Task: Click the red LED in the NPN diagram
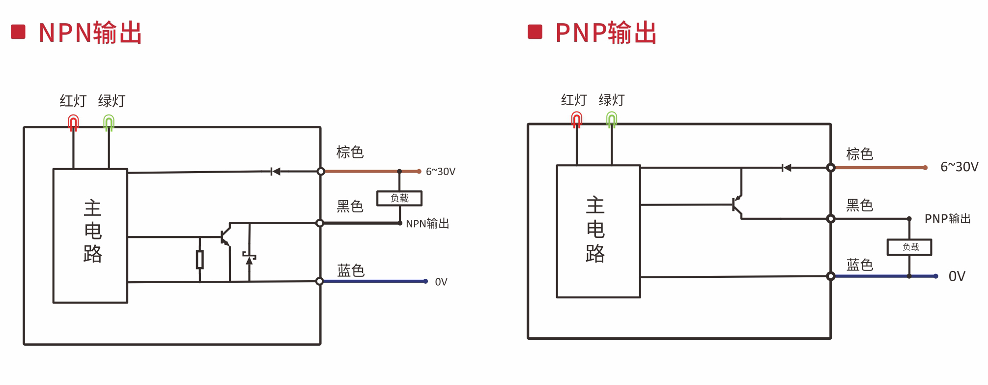coord(73,122)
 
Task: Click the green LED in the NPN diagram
coord(109,122)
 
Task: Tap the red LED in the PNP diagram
coord(577,119)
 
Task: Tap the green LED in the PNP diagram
coord(612,119)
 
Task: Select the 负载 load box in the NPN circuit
coord(399,198)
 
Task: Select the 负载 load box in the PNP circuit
coord(909,247)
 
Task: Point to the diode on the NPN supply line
coord(276,172)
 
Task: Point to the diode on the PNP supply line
coord(787,168)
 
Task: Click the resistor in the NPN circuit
coord(199,259)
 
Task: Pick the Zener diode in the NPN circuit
coord(249,258)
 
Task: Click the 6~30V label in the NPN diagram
coord(440,172)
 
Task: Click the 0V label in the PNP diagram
coord(957,276)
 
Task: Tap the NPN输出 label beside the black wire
coord(427,224)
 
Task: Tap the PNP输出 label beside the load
coord(947,219)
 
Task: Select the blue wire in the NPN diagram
coord(373,281)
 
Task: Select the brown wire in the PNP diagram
coord(879,168)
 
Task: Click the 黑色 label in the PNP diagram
coord(859,206)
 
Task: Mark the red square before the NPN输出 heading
coord(18,32)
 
